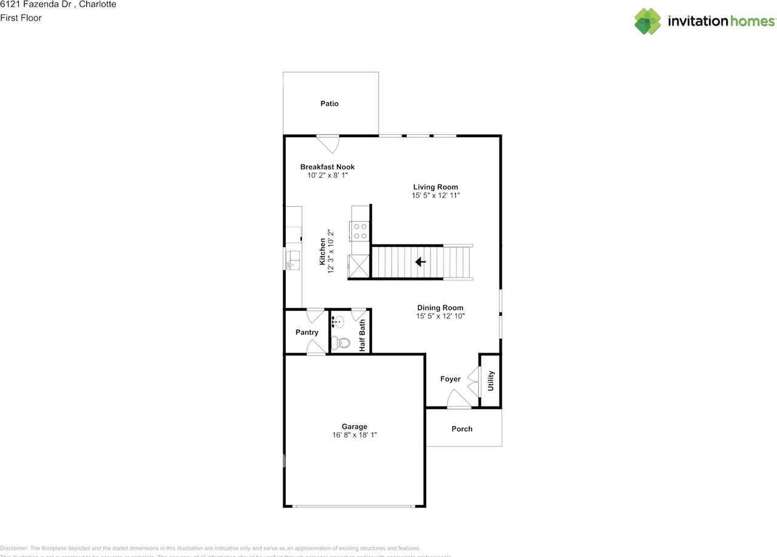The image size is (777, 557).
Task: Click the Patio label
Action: [x=330, y=104]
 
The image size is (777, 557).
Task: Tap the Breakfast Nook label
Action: [x=327, y=167]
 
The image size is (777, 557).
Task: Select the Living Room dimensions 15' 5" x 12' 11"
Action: [x=435, y=196]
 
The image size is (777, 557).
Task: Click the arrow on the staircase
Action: [x=419, y=262]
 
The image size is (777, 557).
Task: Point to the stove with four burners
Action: [x=360, y=231]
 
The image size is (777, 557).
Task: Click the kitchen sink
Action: [x=292, y=259]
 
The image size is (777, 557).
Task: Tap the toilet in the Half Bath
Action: [x=342, y=343]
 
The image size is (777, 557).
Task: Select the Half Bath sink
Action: [x=339, y=322]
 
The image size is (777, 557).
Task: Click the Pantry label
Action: [x=307, y=333]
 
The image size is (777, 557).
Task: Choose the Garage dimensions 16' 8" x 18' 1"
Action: [x=354, y=435]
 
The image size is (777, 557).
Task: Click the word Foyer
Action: [x=450, y=379]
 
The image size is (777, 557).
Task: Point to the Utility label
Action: [x=491, y=380]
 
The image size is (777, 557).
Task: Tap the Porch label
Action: [x=462, y=429]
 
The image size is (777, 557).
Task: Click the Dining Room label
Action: [x=440, y=308]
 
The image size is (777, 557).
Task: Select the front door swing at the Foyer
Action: [x=458, y=399]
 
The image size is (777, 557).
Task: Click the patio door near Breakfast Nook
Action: [x=328, y=144]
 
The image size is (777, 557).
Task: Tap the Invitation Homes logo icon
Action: [x=648, y=21]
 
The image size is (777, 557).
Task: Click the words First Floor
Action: [x=21, y=18]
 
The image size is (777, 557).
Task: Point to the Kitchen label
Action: [x=322, y=251]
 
